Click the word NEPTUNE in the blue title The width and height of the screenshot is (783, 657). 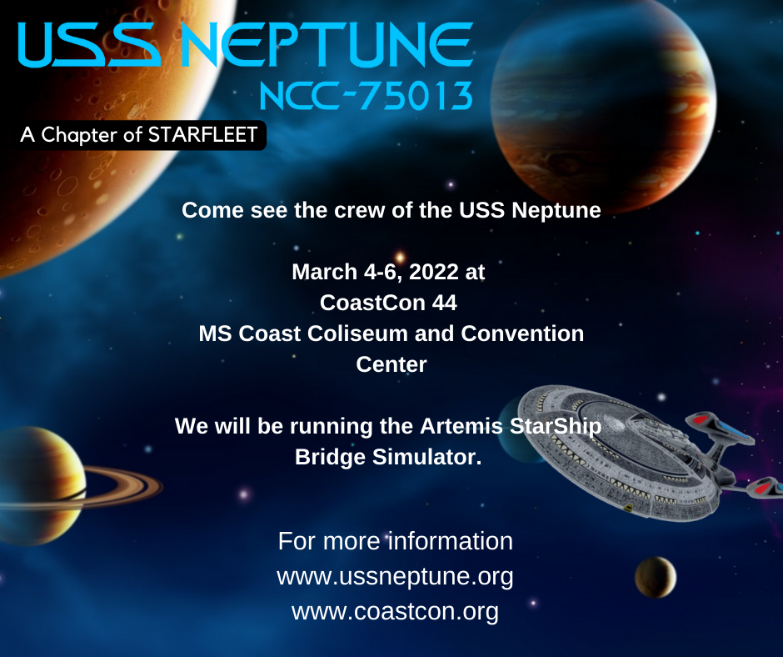coord(327,44)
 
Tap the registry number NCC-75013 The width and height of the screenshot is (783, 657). coord(366,96)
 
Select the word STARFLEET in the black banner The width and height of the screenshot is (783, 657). coord(202,135)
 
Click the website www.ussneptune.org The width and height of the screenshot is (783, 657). coord(395,576)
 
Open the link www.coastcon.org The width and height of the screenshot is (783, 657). coord(395,611)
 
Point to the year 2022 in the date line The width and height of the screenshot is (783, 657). coord(433,272)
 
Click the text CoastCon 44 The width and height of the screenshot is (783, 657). coord(388,303)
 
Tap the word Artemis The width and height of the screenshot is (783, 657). coord(461,426)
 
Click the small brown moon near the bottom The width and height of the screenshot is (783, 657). coord(656,578)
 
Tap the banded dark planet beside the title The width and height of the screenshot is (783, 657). coord(603,105)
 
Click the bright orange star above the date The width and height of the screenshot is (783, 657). coord(400,257)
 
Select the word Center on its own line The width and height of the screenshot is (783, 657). coord(391,364)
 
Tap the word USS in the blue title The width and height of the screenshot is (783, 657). coord(89,44)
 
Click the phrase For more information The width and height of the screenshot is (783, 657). coord(396,541)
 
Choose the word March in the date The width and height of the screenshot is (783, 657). coord(325,272)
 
